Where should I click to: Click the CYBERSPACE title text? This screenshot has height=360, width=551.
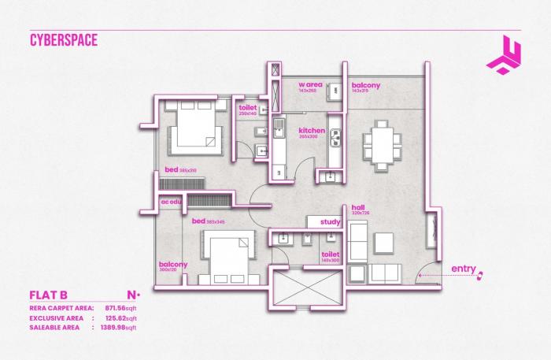coord(64,40)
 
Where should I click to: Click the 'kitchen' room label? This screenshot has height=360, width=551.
coord(312,131)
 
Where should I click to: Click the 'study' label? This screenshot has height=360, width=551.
coord(330,222)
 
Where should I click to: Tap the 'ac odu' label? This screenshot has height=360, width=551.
coord(171,202)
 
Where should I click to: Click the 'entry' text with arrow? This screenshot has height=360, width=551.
coord(464,270)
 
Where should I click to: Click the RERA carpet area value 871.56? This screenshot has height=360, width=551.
coord(116,307)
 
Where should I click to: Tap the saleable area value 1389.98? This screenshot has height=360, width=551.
coord(115,326)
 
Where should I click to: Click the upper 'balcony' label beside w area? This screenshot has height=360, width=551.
coord(366,85)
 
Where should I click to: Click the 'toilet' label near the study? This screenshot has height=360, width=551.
coord(330,254)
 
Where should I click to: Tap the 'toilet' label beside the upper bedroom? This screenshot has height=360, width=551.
coord(248,108)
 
